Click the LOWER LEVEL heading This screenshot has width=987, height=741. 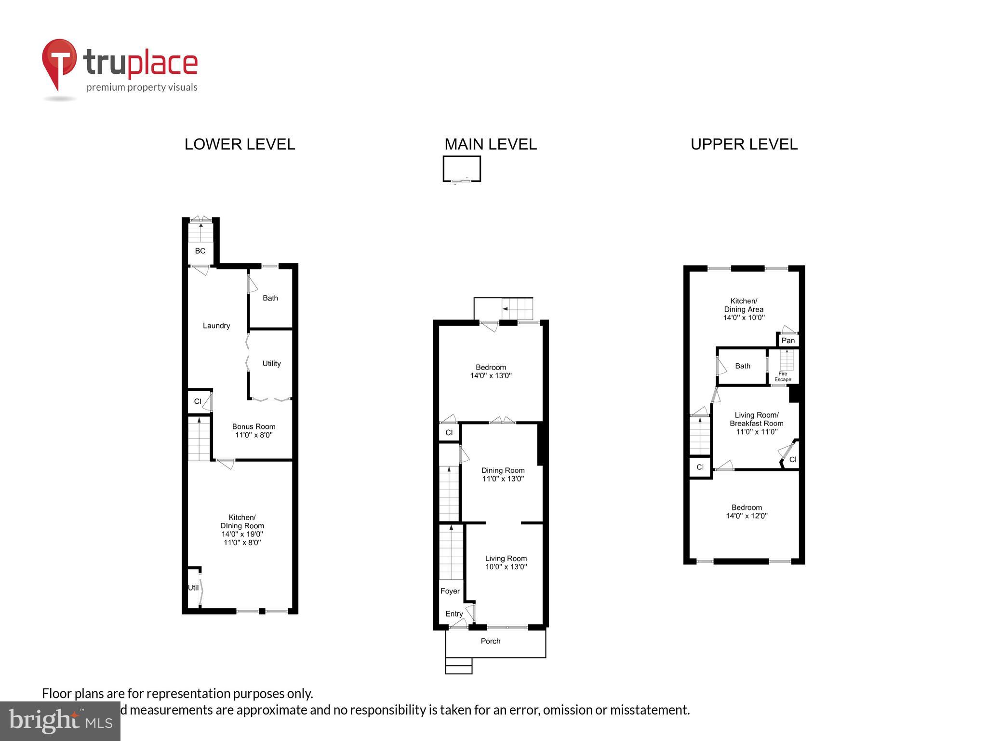click(240, 144)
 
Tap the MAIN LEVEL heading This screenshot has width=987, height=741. click(490, 144)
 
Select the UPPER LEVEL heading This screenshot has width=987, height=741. click(744, 144)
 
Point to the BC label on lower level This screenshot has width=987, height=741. click(200, 251)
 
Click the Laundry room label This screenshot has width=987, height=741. click(216, 326)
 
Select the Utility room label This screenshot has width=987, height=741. click(271, 364)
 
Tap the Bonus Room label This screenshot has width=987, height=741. click(253, 431)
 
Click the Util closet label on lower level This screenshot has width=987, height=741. click(193, 588)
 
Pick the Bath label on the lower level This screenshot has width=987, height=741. click(270, 298)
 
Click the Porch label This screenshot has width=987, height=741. click(491, 641)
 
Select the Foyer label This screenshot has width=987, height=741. click(450, 591)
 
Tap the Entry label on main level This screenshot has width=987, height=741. click(454, 614)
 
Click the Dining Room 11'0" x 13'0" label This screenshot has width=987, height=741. click(503, 474)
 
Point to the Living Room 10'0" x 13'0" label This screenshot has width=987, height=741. click(506, 563)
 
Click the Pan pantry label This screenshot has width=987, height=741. click(788, 341)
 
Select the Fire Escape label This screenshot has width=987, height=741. click(783, 377)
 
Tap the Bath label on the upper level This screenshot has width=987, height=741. click(743, 366)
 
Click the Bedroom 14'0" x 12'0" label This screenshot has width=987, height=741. click(747, 511)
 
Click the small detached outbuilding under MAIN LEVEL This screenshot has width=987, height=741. click(462, 168)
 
